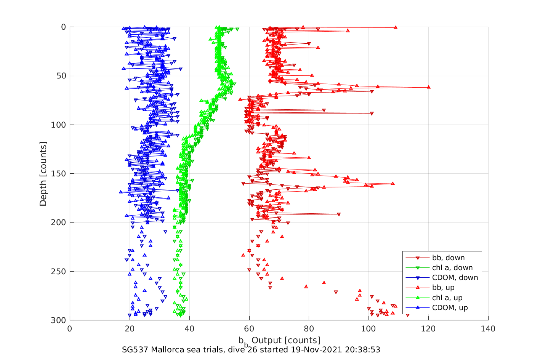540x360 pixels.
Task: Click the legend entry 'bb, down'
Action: pos(448,258)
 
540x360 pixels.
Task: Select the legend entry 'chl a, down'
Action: pos(452,268)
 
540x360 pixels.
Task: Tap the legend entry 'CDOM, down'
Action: pos(455,278)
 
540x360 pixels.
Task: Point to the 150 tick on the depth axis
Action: pos(58,174)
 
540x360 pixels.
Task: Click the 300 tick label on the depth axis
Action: pos(58,320)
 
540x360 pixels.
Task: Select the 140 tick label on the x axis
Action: pos(488,329)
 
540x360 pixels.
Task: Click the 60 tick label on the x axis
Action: pos(249,329)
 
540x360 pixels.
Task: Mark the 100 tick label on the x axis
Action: pos(369,329)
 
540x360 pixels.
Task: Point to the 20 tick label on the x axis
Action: pos(130,329)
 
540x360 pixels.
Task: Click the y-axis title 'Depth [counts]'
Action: pos(43,174)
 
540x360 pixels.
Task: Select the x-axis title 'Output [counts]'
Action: pos(286,340)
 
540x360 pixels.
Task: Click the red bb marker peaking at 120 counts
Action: pos(429,87)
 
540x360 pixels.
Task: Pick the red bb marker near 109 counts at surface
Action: pos(396,27)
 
